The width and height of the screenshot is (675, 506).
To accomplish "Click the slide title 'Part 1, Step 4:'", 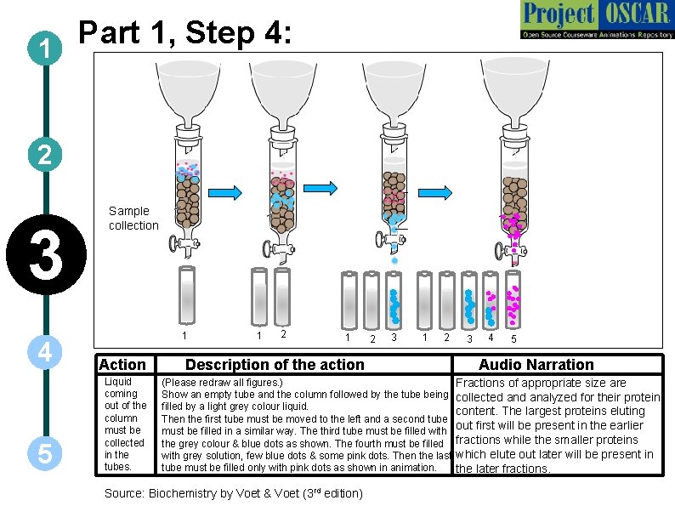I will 185,34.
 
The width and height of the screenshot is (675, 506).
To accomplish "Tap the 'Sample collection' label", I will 133,218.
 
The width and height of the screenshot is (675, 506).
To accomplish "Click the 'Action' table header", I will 122,364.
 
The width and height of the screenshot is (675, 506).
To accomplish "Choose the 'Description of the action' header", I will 275,364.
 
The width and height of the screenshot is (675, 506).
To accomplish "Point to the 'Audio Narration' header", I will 536,364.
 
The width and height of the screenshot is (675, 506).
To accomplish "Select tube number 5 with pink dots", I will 513,300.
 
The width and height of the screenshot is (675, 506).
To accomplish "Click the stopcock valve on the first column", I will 179,245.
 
